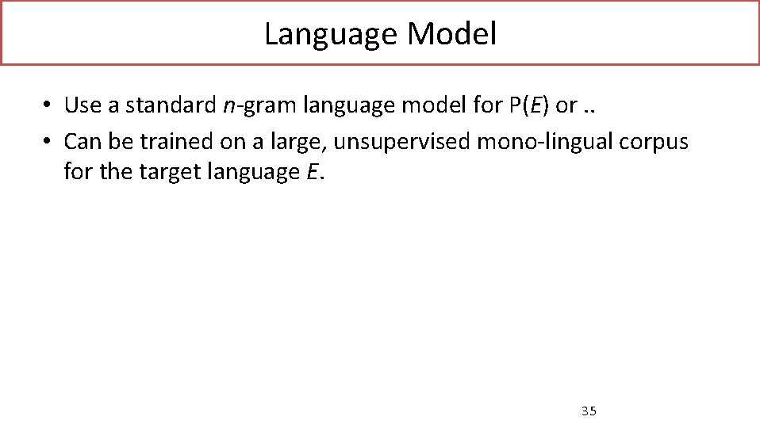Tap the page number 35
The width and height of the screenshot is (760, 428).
589,411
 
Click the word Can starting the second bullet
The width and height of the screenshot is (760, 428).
80,142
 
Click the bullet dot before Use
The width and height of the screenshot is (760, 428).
48,105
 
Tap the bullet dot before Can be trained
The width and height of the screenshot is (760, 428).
48,143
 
